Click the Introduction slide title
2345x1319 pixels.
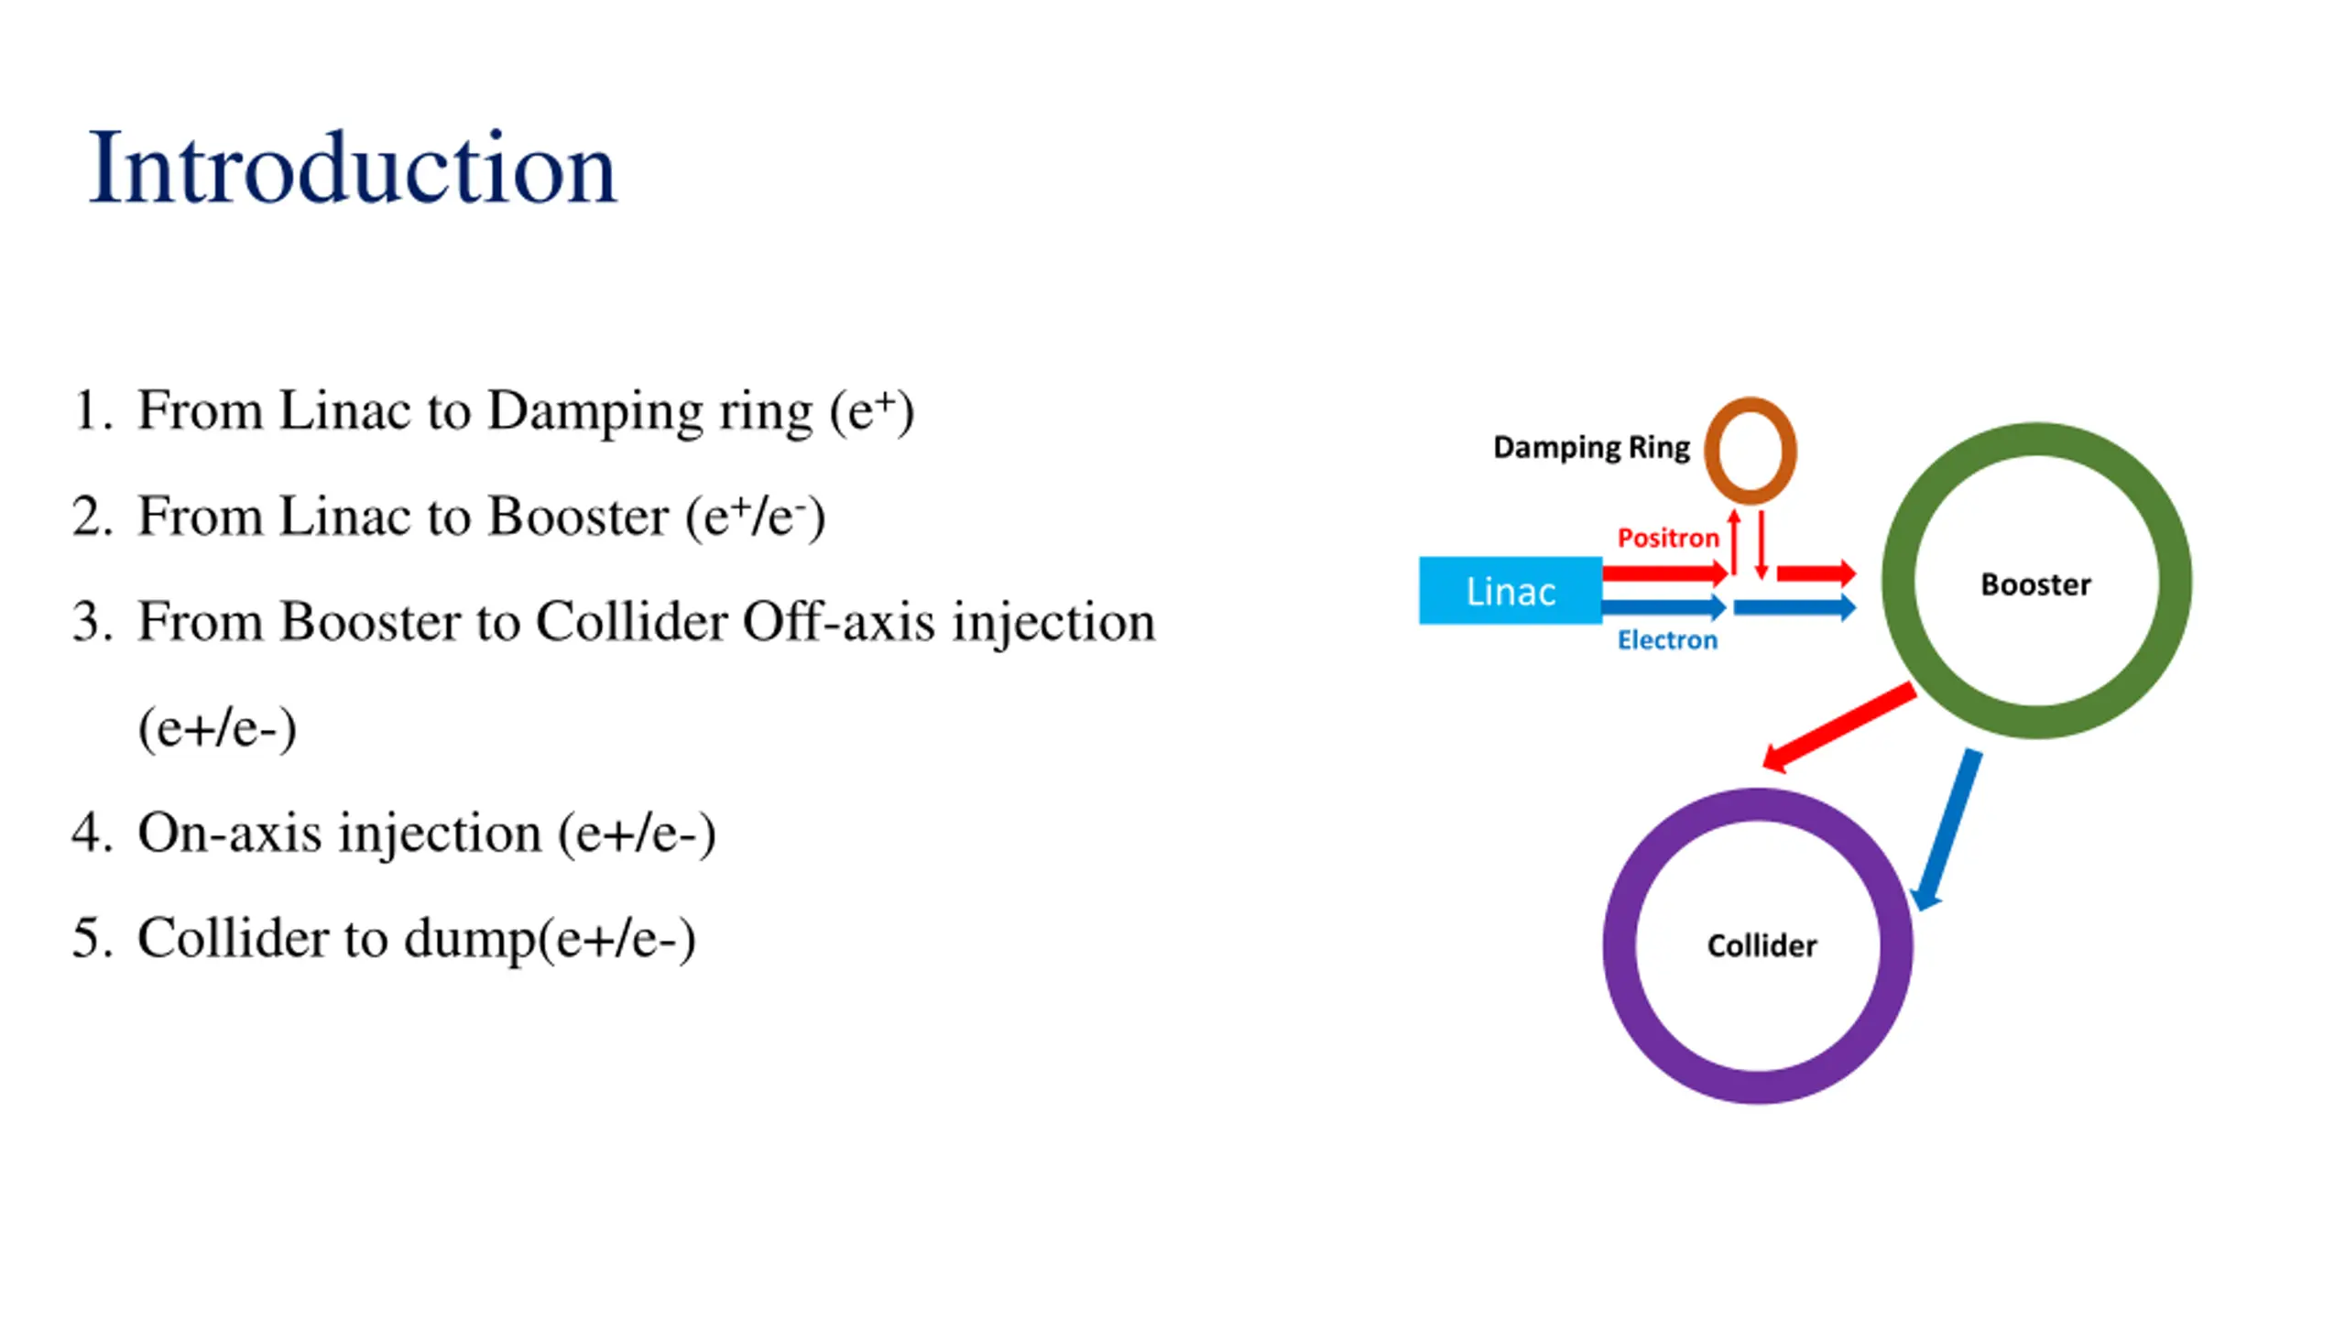pos(353,169)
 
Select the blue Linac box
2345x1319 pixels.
pos(1510,591)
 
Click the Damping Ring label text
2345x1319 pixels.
pos(1591,448)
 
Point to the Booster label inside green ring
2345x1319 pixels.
pos(2035,584)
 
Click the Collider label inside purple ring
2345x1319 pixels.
pos(1761,945)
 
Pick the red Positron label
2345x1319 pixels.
pos(1667,538)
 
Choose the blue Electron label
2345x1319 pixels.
pos(1667,639)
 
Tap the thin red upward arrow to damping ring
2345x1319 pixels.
pos(1733,541)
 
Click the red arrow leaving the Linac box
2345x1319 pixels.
pos(1663,574)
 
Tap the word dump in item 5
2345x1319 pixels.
pos(469,940)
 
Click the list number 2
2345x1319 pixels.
pos(92,517)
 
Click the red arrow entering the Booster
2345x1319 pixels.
pos(1815,574)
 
